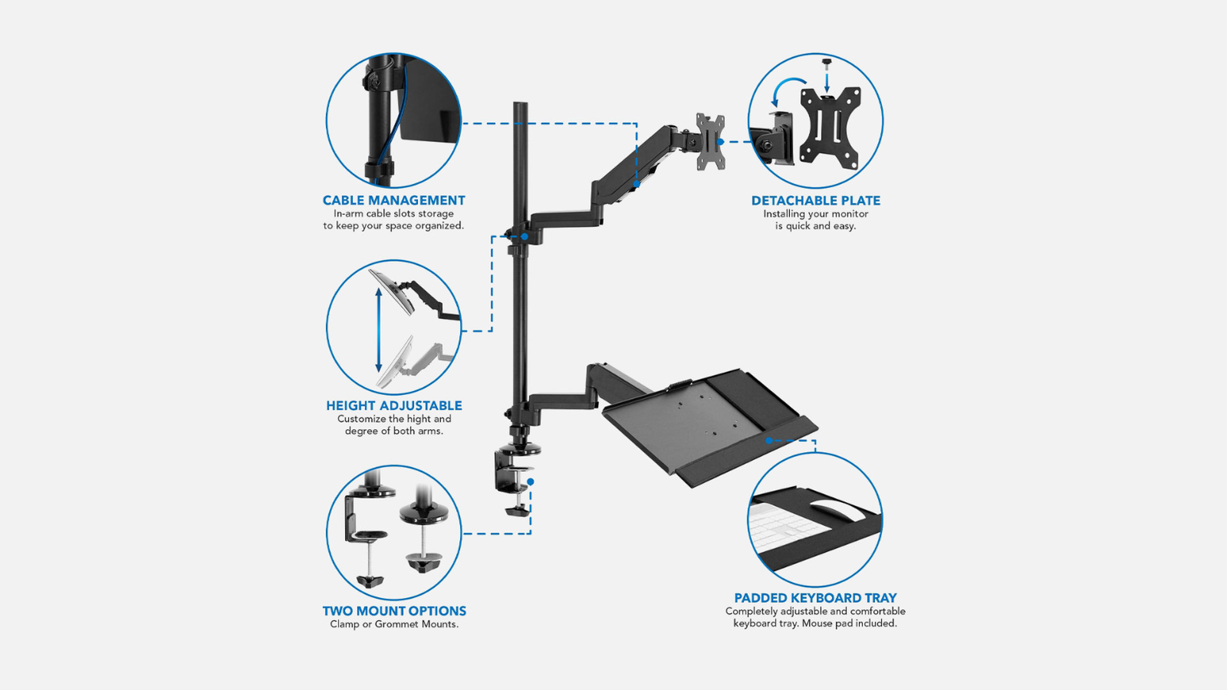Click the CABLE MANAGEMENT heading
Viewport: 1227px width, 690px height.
coord(394,201)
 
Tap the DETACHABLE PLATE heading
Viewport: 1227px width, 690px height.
coord(815,201)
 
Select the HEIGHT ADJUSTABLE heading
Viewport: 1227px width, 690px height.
coord(394,406)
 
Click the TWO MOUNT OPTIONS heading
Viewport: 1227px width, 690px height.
coord(394,611)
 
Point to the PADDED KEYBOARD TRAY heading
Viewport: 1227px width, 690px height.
coord(815,598)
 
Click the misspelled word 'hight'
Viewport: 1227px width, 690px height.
coord(419,419)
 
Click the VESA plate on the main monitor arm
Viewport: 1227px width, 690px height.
coord(711,142)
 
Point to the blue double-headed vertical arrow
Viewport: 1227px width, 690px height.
coord(379,330)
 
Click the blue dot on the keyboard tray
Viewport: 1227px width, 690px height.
coord(769,440)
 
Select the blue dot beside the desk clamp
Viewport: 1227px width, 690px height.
coord(530,482)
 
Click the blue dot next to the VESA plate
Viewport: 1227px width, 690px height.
coord(720,142)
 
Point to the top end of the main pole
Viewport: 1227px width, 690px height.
coord(520,103)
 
